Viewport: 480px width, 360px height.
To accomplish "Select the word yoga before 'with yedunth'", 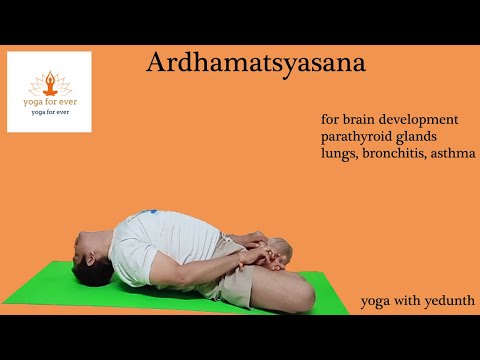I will [378, 301].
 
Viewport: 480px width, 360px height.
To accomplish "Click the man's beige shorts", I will [240, 285].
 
